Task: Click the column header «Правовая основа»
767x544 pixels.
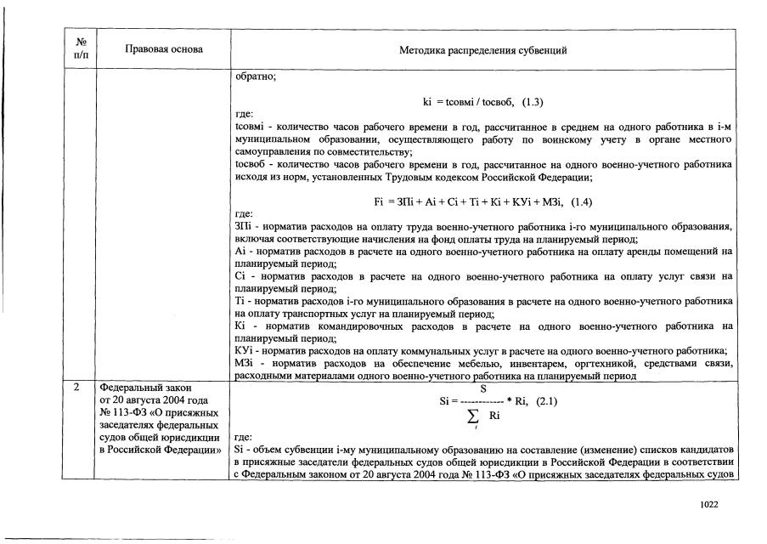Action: [163, 49]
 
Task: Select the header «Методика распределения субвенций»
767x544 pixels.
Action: [483, 50]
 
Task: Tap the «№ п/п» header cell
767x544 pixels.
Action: [77, 48]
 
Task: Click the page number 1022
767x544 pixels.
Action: [708, 504]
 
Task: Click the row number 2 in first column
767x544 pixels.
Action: [77, 388]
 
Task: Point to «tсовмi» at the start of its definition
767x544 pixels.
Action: [247, 126]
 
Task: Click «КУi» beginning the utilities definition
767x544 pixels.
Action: [244, 351]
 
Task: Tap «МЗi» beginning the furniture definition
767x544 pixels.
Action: [244, 364]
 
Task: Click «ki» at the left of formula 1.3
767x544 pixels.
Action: [428, 102]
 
